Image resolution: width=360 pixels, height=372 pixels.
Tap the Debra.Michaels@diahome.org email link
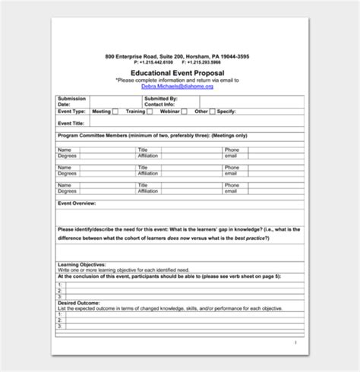pyautogui.click(x=177, y=87)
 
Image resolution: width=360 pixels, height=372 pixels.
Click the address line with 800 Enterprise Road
pyautogui.click(x=178, y=56)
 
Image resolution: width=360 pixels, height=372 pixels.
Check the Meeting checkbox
pyautogui.click(x=115, y=112)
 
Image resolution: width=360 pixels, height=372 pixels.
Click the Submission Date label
pyautogui.click(x=71, y=101)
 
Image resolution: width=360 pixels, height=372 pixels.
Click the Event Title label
pyautogui.click(x=71, y=122)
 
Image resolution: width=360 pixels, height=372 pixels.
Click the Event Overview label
pyautogui.click(x=77, y=203)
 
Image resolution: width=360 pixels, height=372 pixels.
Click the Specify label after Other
pyautogui.click(x=227, y=112)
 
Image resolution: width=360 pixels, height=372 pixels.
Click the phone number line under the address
pyautogui.click(x=178, y=62)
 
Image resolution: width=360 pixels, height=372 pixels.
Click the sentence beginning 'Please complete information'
pyautogui.click(x=177, y=79)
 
